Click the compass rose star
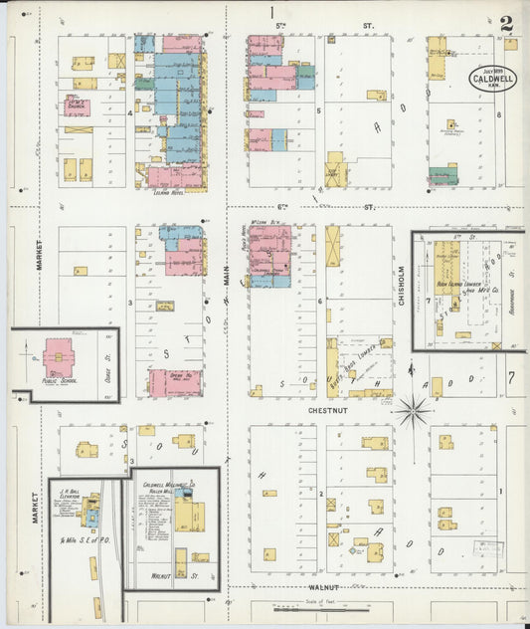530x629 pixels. (x=411, y=408)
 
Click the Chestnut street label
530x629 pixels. (x=304, y=405)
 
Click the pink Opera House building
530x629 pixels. (x=175, y=382)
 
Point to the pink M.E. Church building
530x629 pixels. (x=77, y=105)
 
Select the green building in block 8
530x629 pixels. (x=443, y=175)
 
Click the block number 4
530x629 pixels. (x=130, y=112)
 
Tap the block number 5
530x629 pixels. (x=318, y=110)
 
